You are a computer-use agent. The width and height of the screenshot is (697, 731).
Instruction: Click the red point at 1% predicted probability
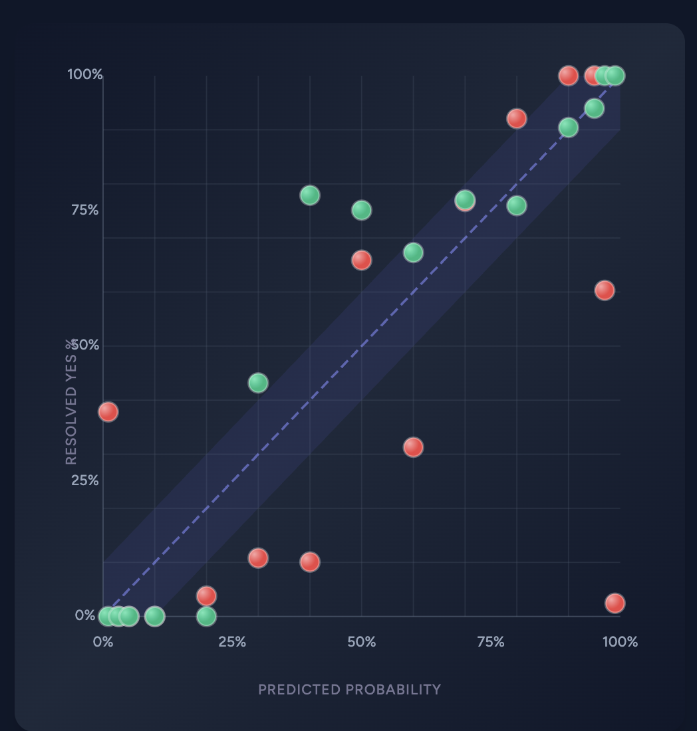pyautogui.click(x=108, y=412)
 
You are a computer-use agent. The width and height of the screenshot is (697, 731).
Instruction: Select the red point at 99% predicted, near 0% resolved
pyautogui.click(x=615, y=603)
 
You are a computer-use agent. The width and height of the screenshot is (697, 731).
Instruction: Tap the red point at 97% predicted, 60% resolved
pyautogui.click(x=604, y=290)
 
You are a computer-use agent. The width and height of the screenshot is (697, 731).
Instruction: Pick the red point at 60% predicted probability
pyautogui.click(x=413, y=447)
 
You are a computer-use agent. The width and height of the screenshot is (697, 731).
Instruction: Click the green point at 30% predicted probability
pyautogui.click(x=258, y=383)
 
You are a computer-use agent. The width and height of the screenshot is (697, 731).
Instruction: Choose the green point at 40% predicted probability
pyautogui.click(x=309, y=195)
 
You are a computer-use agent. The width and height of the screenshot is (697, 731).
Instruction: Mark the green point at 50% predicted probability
pyautogui.click(x=361, y=211)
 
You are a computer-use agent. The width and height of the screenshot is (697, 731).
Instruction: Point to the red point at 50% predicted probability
pyautogui.click(x=361, y=260)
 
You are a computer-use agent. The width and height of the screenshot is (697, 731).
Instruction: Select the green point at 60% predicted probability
pyautogui.click(x=413, y=253)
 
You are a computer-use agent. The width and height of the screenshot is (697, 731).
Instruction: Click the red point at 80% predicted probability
pyautogui.click(x=517, y=119)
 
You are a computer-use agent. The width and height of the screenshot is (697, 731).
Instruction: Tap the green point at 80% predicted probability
pyautogui.click(x=517, y=206)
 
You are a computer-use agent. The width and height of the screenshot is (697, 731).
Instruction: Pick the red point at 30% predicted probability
pyautogui.click(x=258, y=558)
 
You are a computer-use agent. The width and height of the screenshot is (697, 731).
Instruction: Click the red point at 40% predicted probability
pyautogui.click(x=309, y=562)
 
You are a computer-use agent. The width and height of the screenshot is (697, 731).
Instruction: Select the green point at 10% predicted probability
pyautogui.click(x=154, y=617)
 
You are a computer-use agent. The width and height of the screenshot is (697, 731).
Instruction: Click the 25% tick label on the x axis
pyautogui.click(x=232, y=643)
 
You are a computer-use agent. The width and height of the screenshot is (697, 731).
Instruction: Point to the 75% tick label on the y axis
pyautogui.click(x=84, y=211)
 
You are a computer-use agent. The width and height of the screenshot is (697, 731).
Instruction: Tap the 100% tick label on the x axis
pyautogui.click(x=620, y=643)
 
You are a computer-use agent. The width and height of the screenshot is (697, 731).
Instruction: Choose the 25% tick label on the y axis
pyautogui.click(x=84, y=480)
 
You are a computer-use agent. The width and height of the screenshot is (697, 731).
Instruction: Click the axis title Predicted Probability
pyautogui.click(x=349, y=690)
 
